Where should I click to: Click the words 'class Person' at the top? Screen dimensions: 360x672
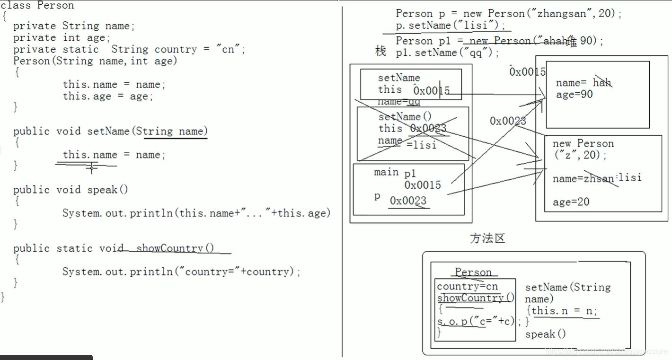pos(37,6)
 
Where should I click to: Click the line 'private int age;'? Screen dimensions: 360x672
pos(62,37)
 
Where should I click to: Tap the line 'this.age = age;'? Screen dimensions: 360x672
pos(108,96)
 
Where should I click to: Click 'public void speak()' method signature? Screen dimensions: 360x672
pos(71,190)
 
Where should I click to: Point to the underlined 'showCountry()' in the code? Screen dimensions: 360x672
pos(175,248)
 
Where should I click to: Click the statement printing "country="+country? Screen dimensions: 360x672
pos(181,272)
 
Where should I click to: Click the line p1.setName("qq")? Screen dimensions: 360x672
pos(447,53)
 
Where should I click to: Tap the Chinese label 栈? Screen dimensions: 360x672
pos(380,51)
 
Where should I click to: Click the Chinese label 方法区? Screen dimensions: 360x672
pos(487,238)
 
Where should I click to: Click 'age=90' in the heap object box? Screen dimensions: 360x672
pos(574,94)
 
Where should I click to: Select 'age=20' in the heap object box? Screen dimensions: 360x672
pos(571,202)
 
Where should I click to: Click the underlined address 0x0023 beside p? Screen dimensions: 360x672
pos(408,201)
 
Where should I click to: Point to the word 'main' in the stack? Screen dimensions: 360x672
pos(386,172)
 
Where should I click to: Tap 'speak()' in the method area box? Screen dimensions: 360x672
pos(545,334)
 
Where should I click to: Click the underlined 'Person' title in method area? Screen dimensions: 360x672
pos(473,272)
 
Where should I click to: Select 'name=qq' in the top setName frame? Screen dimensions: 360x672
pos(398,102)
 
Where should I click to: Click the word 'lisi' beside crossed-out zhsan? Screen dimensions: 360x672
pos(630,177)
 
